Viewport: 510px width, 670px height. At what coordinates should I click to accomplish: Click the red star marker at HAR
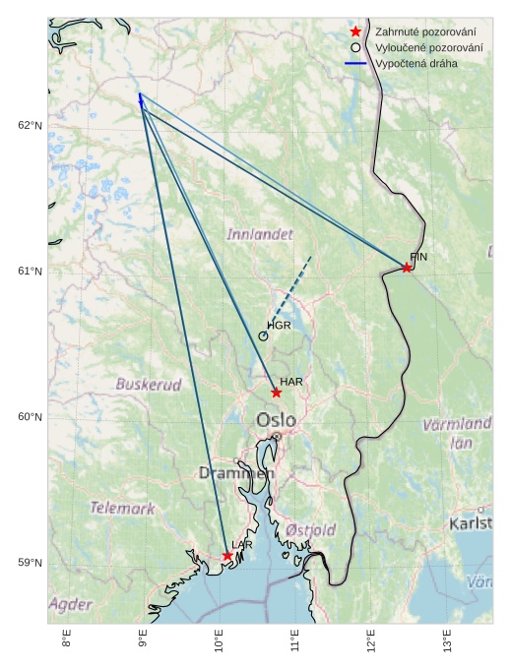[277, 393]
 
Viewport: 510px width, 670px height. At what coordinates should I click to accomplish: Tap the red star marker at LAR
[227, 556]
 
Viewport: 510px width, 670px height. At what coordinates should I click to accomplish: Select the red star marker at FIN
[407, 268]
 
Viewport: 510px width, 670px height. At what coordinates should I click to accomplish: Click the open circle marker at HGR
[263, 336]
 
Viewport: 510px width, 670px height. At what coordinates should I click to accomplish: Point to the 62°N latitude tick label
[31, 125]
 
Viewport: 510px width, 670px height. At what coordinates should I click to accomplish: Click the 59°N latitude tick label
[31, 563]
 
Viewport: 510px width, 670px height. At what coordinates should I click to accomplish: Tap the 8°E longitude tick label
[67, 640]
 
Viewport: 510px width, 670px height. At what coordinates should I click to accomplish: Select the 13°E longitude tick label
[447, 640]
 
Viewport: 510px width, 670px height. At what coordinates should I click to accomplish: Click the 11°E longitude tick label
[295, 640]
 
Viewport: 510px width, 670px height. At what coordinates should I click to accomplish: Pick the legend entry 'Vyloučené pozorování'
[429, 47]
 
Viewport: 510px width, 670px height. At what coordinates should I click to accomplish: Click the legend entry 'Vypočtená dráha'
[416, 63]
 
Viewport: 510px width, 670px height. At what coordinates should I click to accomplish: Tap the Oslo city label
[276, 421]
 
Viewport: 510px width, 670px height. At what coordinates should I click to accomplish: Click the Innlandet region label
[260, 235]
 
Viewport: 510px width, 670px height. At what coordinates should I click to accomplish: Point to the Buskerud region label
[149, 385]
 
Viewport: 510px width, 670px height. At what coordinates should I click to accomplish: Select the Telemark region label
[123, 509]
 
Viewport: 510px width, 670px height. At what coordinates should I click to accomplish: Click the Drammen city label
[236, 473]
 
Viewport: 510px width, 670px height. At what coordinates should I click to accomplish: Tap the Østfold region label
[311, 530]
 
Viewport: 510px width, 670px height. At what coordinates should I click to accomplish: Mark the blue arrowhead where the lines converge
[140, 96]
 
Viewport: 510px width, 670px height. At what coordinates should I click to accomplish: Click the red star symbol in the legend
[355, 31]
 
